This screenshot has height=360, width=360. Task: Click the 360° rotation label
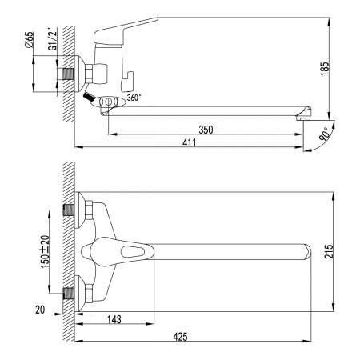pyautogui.click(x=133, y=98)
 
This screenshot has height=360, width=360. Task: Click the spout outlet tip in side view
pyautogui.click(x=302, y=116)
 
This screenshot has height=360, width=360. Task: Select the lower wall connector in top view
pyautogui.click(x=74, y=294)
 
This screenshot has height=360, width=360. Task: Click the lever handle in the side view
pyautogui.click(x=128, y=29)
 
